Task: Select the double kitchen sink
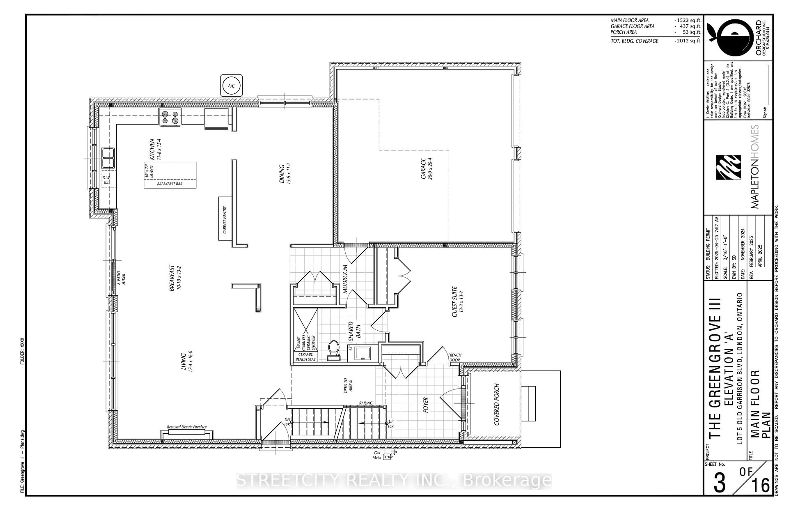click(108, 158)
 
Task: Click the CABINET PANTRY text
click(225, 219)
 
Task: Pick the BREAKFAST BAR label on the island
click(170, 184)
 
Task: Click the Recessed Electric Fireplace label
click(187, 427)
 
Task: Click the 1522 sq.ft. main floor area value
click(688, 20)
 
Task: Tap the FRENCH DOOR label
click(454, 357)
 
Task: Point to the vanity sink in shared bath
click(363, 353)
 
